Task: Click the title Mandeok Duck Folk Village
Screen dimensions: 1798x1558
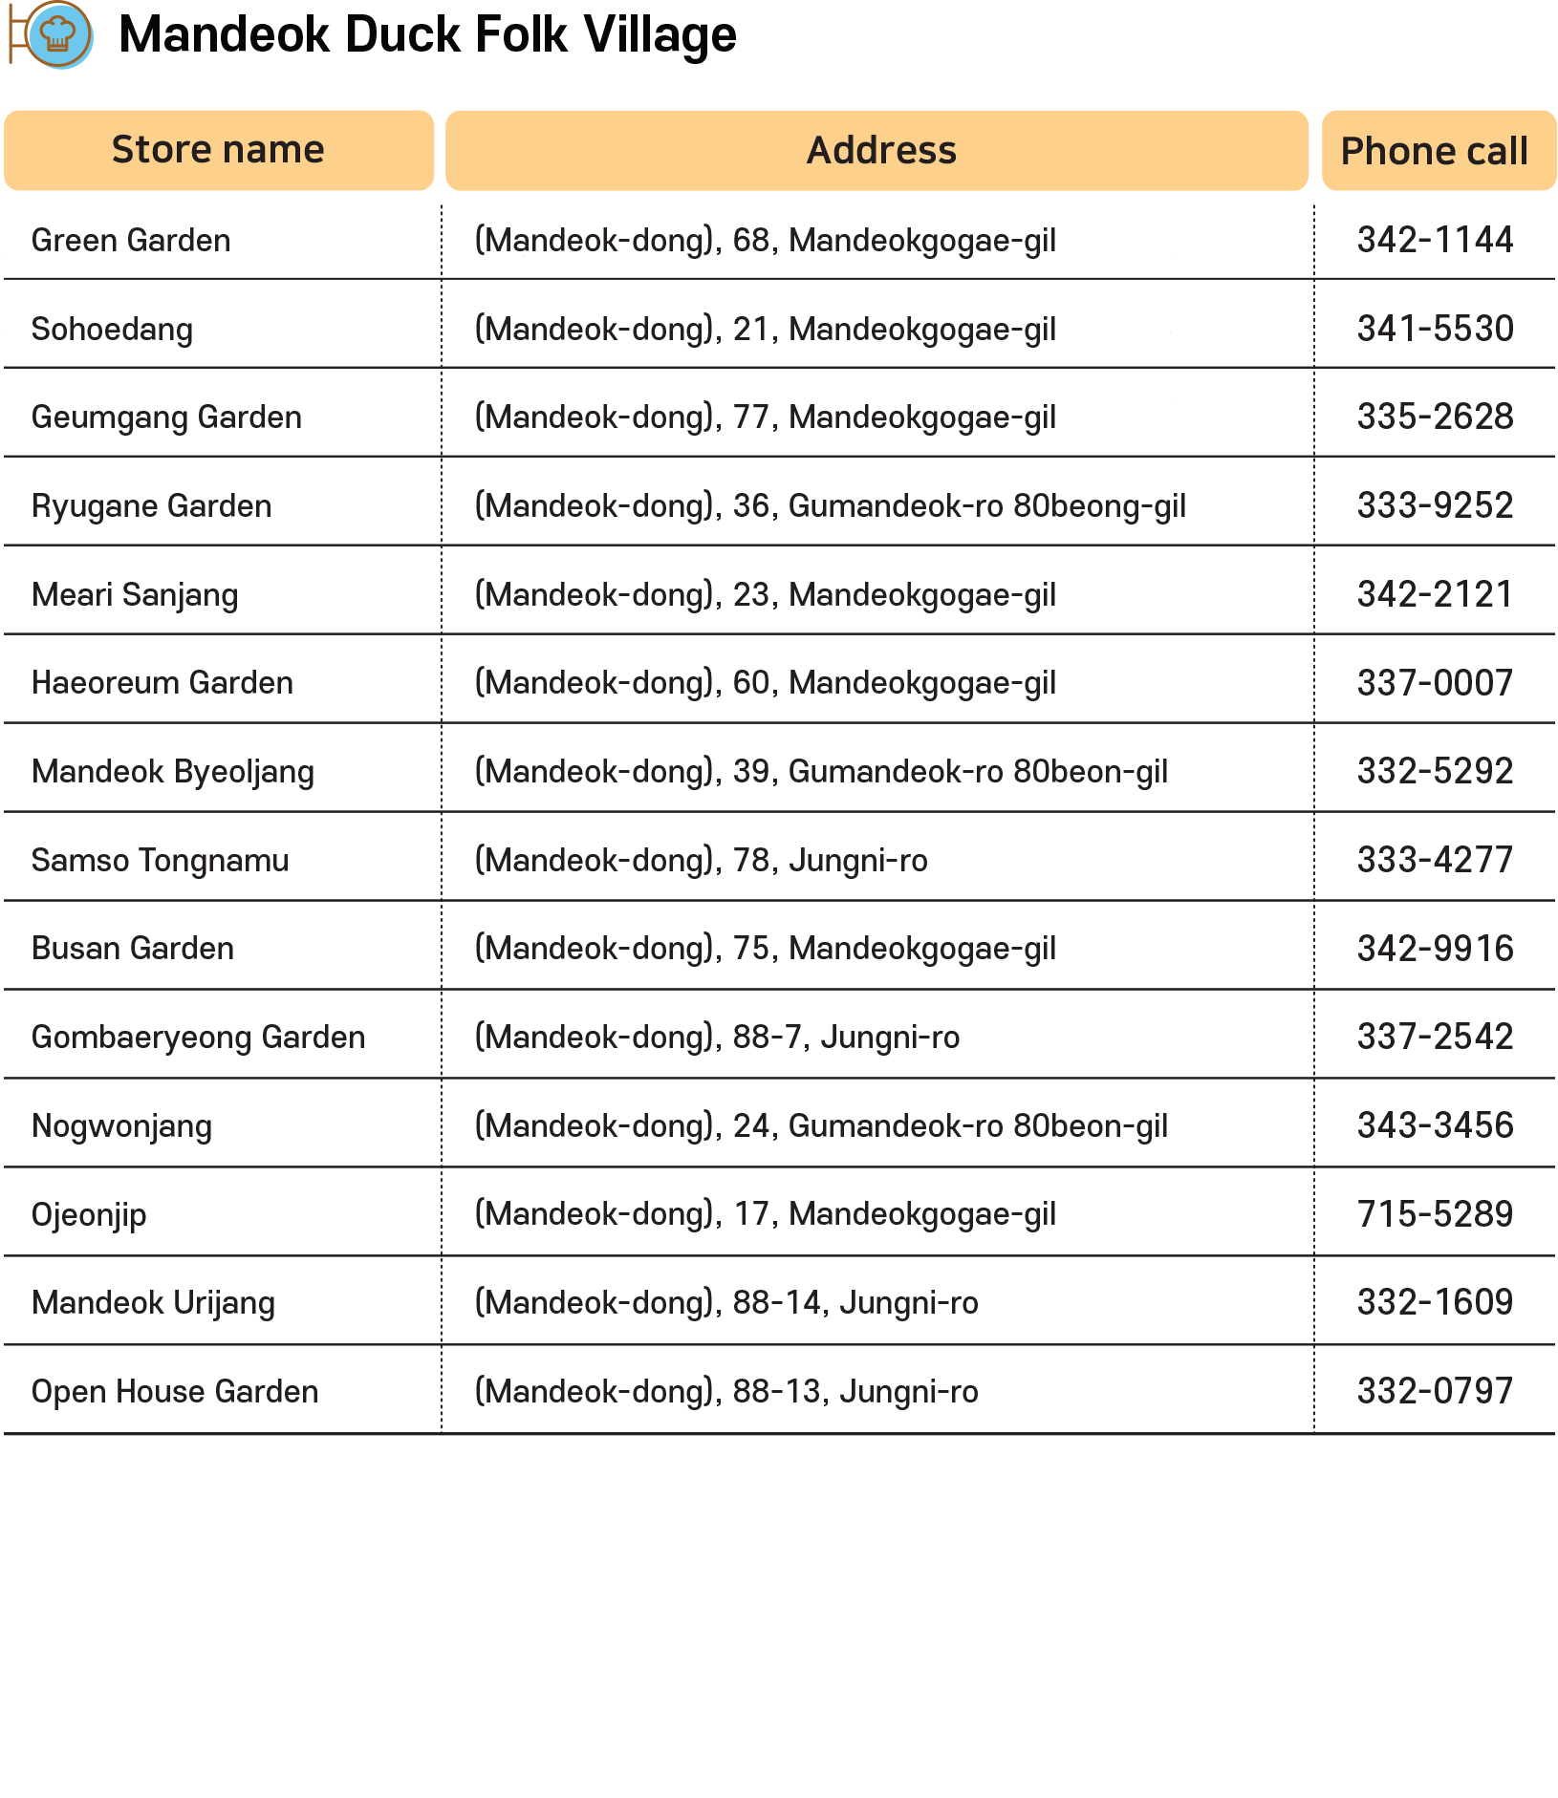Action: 427,35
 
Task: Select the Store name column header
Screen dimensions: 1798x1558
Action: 218,150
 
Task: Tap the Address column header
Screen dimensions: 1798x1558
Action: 880,150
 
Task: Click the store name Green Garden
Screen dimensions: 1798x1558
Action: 131,241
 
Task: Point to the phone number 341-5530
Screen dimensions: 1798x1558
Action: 1435,330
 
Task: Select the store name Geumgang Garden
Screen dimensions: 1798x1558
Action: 166,417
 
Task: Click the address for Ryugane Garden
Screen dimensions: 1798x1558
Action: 830,506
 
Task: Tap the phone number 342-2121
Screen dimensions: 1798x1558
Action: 1435,595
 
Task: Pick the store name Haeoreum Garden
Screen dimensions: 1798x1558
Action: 162,683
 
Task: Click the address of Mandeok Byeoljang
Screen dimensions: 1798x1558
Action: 821,772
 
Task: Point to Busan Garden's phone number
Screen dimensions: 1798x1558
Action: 1435,949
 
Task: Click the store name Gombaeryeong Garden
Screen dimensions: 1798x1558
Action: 198,1038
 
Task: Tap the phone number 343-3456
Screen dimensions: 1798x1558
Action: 1435,1126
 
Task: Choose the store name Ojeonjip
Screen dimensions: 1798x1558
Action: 89,1215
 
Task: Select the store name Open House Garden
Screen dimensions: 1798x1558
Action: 175,1392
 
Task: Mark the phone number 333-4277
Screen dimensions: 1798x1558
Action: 1435,861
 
